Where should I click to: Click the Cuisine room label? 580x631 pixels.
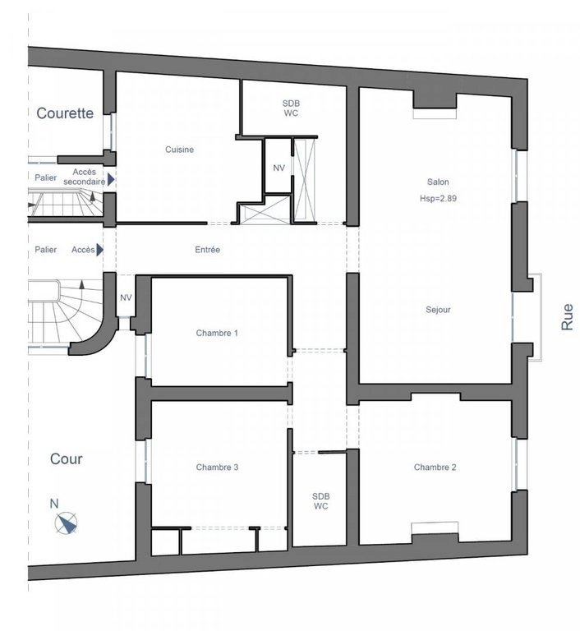[x=180, y=150]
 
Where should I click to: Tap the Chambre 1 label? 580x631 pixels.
[x=217, y=333]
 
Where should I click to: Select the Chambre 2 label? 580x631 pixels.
[x=435, y=467]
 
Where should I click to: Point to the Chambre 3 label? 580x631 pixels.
[x=217, y=467]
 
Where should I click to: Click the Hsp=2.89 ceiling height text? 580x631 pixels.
[x=438, y=198]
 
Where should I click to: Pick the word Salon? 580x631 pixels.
[x=438, y=182]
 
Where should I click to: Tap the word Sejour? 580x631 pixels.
[x=438, y=310]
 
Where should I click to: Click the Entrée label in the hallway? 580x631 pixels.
[x=207, y=250]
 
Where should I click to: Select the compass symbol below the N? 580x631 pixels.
[x=66, y=523]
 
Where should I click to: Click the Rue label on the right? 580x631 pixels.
[x=567, y=317]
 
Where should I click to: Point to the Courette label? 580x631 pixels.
[x=65, y=113]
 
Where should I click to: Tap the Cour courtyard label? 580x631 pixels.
[x=66, y=458]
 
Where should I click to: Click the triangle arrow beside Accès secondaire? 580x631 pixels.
[x=111, y=179]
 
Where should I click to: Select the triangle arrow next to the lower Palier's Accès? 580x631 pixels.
[x=99, y=250]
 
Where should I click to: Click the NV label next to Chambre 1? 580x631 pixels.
[x=126, y=297]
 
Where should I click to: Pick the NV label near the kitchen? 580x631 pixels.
[x=279, y=168]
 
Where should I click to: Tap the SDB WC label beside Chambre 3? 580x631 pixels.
[x=320, y=501]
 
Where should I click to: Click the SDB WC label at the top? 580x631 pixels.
[x=291, y=108]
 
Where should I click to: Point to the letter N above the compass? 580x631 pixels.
[x=54, y=504]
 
